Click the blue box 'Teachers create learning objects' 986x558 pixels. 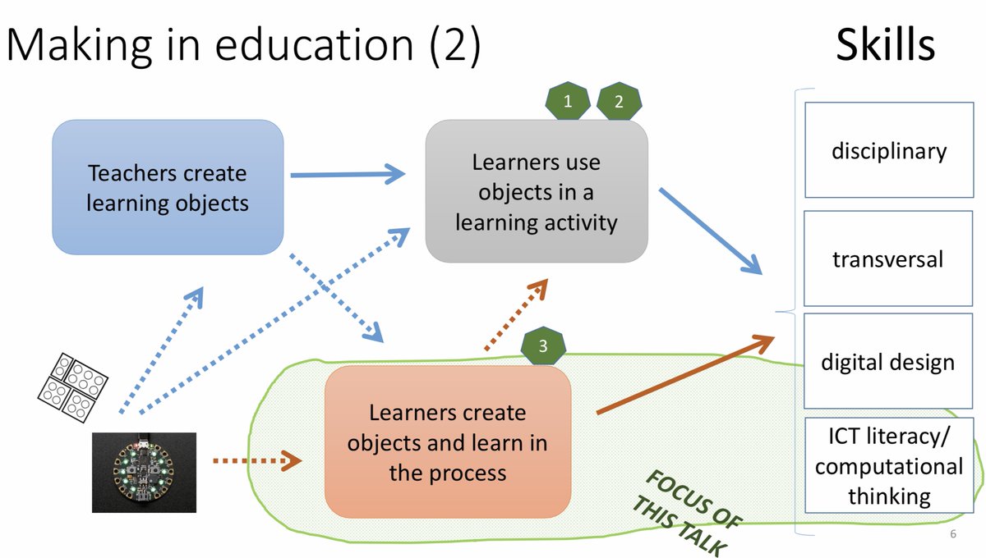click(x=168, y=188)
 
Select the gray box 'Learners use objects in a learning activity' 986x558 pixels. click(x=536, y=191)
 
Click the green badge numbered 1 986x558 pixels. click(x=567, y=101)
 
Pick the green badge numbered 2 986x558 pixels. click(x=619, y=101)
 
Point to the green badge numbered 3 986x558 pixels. click(x=542, y=345)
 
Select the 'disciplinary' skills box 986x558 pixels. click(x=888, y=150)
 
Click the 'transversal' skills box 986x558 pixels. click(x=888, y=258)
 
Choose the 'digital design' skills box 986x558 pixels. click(x=888, y=361)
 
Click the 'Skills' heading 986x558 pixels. click(x=885, y=45)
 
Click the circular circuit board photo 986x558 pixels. click(x=143, y=473)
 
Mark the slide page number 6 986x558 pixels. click(x=953, y=535)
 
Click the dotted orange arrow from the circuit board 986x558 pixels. click(x=256, y=461)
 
